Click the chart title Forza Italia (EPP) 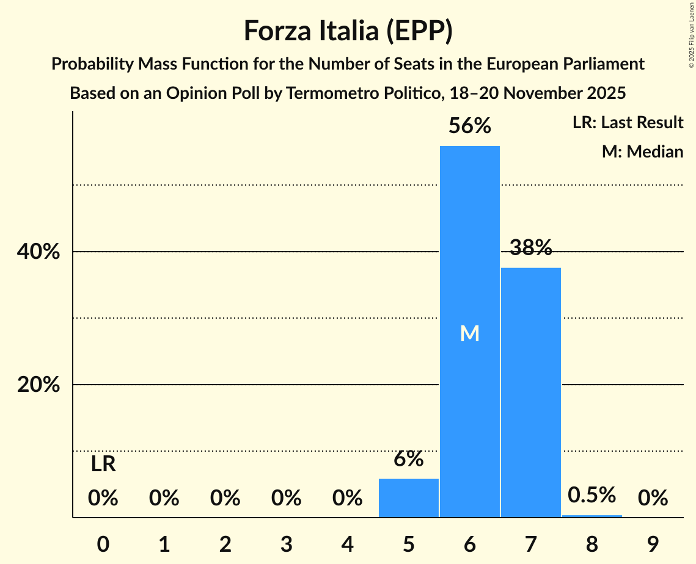coord(348,31)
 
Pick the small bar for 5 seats coord(408,498)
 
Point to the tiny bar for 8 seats coord(592,516)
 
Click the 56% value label coord(469,126)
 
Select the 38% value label coord(530,248)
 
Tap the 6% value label coord(408,459)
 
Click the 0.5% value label coord(592,495)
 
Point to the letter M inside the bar coord(469,333)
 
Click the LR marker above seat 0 coord(103,465)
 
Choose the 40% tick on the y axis coord(42,251)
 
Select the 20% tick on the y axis coord(42,385)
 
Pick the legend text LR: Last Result coord(628,123)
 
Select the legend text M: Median coord(642,151)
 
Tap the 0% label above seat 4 coord(347,499)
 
